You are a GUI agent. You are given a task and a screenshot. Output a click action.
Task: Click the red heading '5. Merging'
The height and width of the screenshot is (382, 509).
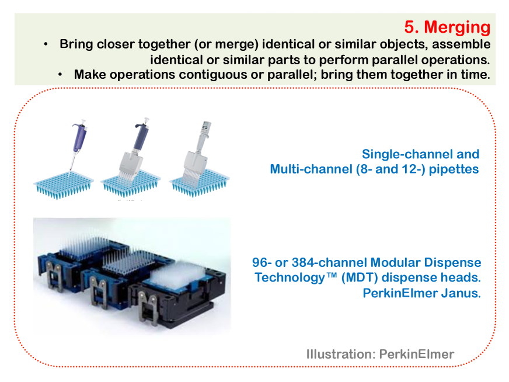tap(447, 27)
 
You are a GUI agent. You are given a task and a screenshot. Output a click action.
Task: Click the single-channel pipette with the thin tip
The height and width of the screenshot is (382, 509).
tap(78, 144)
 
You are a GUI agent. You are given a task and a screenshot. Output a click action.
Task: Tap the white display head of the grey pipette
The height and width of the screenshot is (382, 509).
tap(206, 128)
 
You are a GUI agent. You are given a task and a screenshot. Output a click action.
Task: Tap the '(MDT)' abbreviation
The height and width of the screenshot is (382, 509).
tap(360, 277)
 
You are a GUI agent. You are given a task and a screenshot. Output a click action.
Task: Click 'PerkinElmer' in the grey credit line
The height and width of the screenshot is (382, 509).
tap(417, 354)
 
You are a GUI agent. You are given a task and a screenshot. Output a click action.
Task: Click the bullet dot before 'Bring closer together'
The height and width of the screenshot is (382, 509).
tap(46, 44)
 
